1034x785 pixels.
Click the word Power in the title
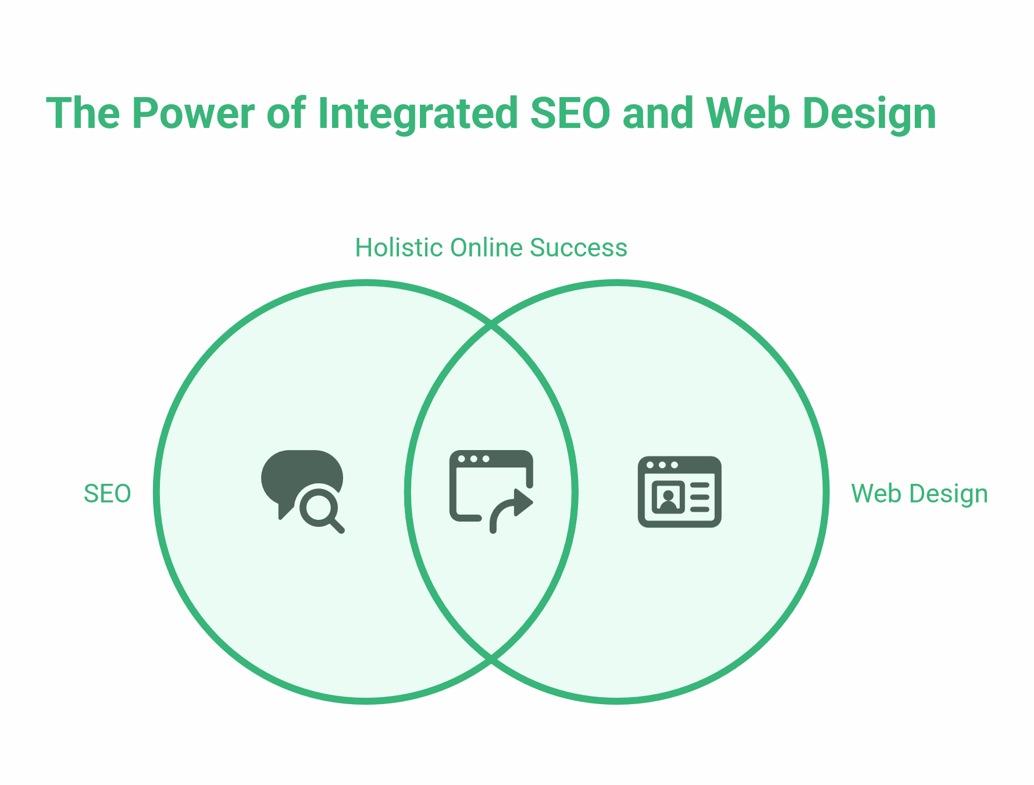(x=193, y=113)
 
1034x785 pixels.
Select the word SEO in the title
(x=570, y=113)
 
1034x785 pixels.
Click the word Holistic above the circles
(x=399, y=248)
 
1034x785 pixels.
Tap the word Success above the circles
(x=579, y=248)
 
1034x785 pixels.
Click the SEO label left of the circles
(x=108, y=494)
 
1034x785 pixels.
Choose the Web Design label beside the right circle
(x=919, y=494)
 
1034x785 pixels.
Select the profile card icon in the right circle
(x=679, y=492)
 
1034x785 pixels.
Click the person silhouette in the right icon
(x=668, y=499)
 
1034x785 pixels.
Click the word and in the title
(x=658, y=113)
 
